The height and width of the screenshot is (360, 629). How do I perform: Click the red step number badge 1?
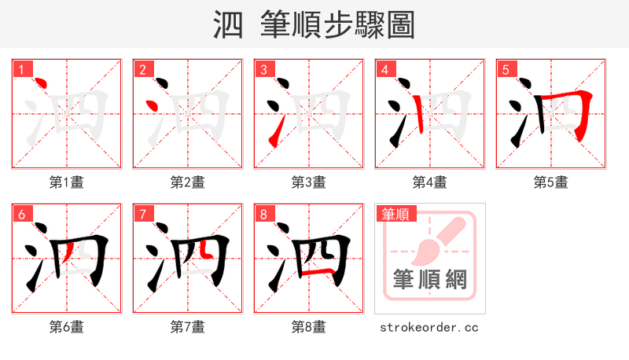coord(21,69)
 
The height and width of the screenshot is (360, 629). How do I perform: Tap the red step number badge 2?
coord(142,69)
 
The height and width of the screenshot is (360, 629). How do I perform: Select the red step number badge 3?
coord(263,69)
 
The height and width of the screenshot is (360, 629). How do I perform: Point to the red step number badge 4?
coord(384,69)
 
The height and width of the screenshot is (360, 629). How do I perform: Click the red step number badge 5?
coord(506,69)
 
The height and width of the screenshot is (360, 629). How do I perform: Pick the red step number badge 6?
coord(21,214)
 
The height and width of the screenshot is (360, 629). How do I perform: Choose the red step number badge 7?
coord(142,214)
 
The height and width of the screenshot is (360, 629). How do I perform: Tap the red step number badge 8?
coord(263,214)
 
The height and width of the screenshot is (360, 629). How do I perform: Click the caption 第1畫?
coord(67,182)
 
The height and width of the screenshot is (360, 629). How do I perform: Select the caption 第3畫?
coord(309,182)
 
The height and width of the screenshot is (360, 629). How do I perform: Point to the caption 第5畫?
coord(551,182)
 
